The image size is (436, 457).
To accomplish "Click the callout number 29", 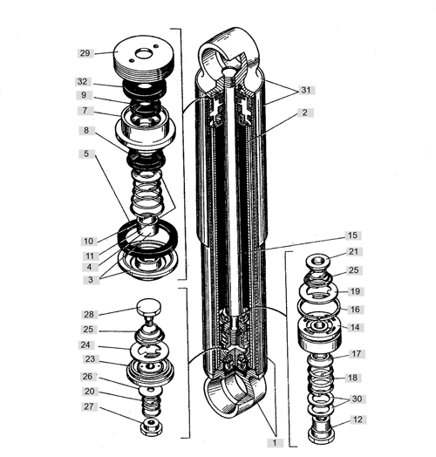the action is [85, 53].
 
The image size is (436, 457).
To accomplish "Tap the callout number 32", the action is [83, 81].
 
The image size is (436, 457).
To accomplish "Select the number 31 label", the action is [306, 90].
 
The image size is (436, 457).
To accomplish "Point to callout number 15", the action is [352, 235].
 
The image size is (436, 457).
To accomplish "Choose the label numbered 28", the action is [89, 314].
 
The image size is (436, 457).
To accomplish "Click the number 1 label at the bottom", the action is [275, 443].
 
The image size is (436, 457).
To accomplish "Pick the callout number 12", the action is [358, 419].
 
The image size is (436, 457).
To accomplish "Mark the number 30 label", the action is [357, 399].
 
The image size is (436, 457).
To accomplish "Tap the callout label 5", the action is [86, 153].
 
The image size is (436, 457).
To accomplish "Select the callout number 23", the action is [90, 358].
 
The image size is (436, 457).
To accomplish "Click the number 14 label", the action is [355, 327].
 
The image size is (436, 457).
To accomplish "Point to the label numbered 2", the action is [305, 113].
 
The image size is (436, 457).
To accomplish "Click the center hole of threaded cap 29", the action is [142, 54].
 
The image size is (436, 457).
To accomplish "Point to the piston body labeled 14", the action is [319, 334].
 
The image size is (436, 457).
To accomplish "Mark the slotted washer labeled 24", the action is [149, 350].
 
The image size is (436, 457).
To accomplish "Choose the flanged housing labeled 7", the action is [145, 127].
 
